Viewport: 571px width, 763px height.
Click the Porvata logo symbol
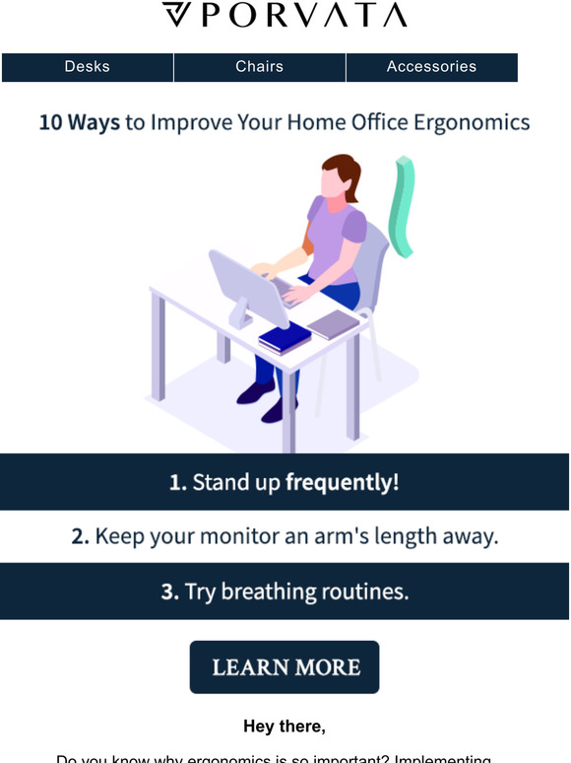178,15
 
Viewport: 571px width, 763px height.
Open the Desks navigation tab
88,67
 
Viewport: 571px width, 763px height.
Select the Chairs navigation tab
259,67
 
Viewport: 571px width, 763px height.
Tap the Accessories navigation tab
431,67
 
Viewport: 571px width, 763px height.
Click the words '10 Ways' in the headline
79,123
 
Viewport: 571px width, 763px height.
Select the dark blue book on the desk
285,337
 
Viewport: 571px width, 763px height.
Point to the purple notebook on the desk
333,323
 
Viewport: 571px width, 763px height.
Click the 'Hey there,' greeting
285,727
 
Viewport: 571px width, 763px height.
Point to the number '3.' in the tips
169,591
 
